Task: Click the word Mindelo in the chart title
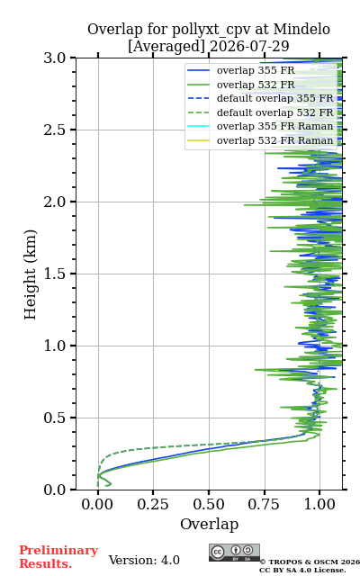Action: pos(301,29)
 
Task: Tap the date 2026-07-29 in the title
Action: pos(249,46)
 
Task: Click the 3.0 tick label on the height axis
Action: pos(54,58)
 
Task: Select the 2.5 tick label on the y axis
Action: pos(54,130)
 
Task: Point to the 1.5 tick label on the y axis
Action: pos(54,274)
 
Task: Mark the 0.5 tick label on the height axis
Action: pos(54,418)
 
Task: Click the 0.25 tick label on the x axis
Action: pos(153,504)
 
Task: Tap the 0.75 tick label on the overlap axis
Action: pos(264,504)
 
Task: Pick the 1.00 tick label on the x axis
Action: pos(319,504)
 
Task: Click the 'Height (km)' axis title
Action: pos(30,274)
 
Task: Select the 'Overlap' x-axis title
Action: pos(210,524)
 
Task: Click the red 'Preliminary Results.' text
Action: pos(58,557)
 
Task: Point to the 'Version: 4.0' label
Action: pos(144,560)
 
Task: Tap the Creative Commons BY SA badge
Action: pos(234,553)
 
